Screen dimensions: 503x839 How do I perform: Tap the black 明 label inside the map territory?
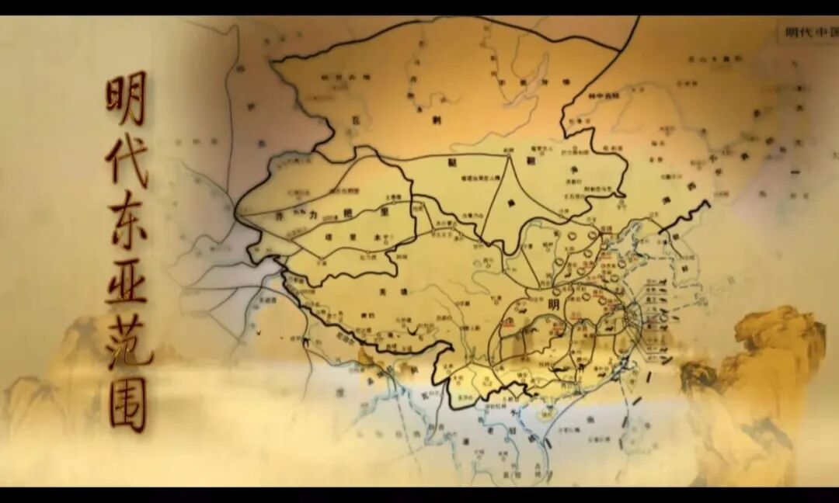point(553,304)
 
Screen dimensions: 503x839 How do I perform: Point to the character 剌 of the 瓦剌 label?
point(437,120)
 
